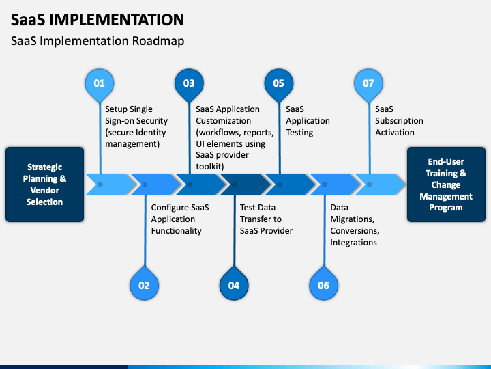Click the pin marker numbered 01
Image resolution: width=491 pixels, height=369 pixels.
[x=100, y=84]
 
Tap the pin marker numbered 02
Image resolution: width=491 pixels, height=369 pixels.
[x=145, y=284]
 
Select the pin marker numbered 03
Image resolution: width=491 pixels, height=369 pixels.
[x=189, y=84]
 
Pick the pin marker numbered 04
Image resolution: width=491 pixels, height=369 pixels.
[x=234, y=284]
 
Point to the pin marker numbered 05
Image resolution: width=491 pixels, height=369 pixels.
[x=279, y=84]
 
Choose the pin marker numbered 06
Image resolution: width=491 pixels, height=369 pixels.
[x=324, y=284]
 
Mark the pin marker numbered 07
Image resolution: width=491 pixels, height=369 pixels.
[x=368, y=84]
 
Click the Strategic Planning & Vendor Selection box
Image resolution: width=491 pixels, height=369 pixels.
[x=44, y=184]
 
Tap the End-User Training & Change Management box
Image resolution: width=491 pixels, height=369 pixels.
[x=446, y=184]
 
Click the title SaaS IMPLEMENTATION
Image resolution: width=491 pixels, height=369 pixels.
[x=98, y=20]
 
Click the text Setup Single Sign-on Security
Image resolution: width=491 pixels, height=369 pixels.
[x=136, y=115]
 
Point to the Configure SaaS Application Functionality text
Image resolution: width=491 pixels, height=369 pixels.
[x=180, y=219]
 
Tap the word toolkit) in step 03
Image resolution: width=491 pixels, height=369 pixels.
[x=210, y=166]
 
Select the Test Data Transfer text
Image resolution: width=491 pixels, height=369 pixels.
[x=261, y=213]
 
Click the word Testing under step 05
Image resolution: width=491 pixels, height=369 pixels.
[x=299, y=133]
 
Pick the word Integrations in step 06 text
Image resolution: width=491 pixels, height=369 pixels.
[x=353, y=242]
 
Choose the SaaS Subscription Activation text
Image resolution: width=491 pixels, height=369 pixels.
[x=399, y=121]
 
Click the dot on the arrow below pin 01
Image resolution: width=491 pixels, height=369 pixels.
[x=100, y=184]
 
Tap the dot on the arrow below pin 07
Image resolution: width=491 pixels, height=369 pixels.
[x=369, y=184]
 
